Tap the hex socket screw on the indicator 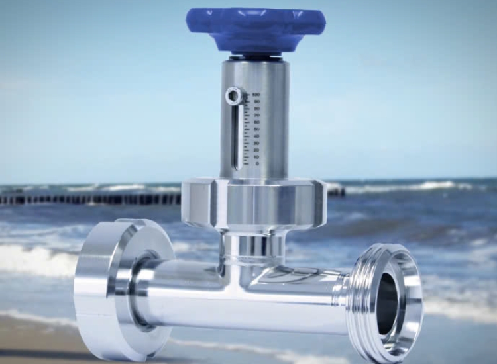tap(234, 97)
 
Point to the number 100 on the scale tap(256, 95)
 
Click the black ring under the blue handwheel tap(255, 58)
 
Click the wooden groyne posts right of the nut tap(336, 192)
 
